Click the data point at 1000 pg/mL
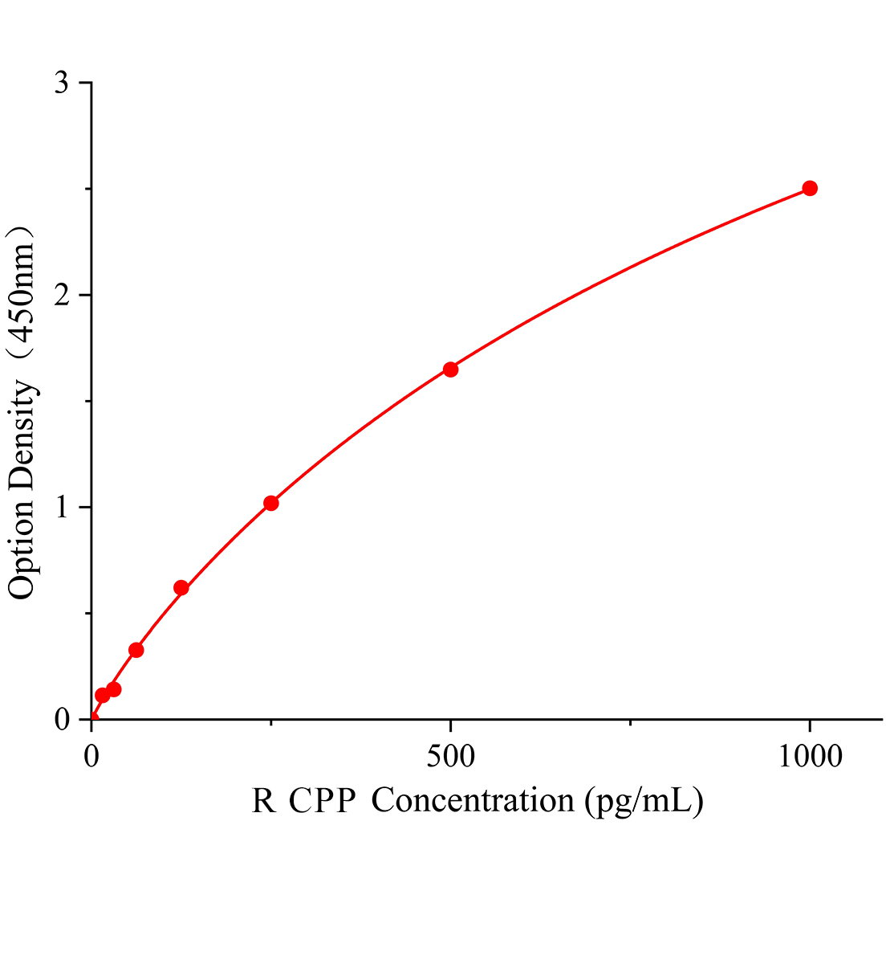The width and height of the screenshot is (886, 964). pos(810,189)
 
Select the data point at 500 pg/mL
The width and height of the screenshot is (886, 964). pos(450,370)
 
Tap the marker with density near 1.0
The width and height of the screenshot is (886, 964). pos(271,503)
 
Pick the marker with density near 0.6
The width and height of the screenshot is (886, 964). pos(181,588)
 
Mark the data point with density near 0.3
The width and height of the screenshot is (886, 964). pos(136,650)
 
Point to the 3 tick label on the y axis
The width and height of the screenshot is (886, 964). pos(62,84)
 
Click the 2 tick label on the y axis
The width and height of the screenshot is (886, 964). pos(62,296)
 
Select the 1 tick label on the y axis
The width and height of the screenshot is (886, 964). pos(62,508)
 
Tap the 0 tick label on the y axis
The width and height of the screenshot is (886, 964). pos(62,720)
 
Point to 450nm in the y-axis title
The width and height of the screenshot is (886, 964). pos(22,292)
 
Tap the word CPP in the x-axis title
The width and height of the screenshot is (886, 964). pos(323,801)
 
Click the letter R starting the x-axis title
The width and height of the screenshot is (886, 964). pos(263,801)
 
